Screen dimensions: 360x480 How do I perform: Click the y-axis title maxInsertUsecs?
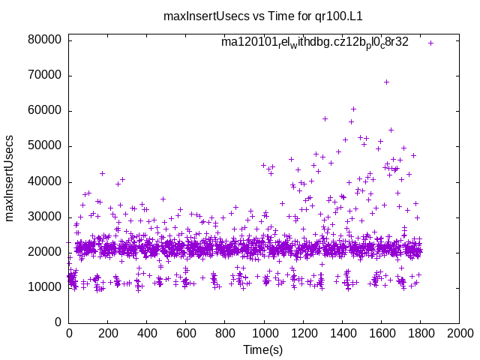coord(10,178)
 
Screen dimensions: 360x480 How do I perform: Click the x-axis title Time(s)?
coord(264,350)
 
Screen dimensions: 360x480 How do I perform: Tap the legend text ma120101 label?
coord(314,43)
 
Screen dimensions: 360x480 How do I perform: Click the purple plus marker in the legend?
coord(431,43)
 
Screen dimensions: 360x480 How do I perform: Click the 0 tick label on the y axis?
coord(58,322)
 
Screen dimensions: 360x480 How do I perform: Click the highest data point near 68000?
coord(387,82)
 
